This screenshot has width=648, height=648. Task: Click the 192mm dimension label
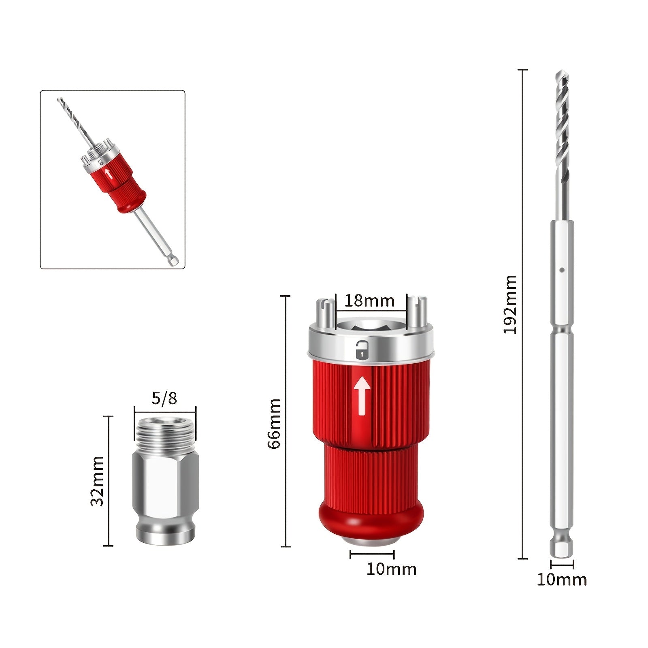click(x=510, y=304)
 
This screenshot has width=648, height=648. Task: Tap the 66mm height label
click(x=274, y=423)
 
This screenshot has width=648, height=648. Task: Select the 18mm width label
click(x=369, y=301)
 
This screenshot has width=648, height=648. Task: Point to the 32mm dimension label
click(x=97, y=481)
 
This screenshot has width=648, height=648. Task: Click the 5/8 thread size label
click(x=164, y=399)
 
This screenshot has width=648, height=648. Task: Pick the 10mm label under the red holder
click(x=391, y=569)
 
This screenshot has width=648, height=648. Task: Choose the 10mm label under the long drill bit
click(x=562, y=580)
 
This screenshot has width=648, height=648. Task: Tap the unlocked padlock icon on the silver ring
click(x=362, y=350)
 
